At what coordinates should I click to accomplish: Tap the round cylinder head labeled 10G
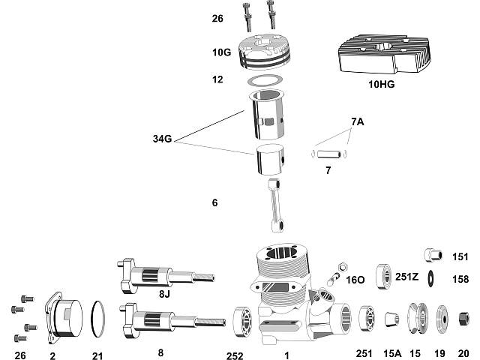(267, 53)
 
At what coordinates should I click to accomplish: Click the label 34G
(163, 138)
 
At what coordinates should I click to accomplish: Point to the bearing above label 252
(244, 320)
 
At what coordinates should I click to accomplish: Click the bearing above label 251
(366, 319)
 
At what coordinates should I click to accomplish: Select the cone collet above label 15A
(390, 320)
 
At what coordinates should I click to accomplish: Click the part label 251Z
(406, 276)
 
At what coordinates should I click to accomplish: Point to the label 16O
(355, 280)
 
